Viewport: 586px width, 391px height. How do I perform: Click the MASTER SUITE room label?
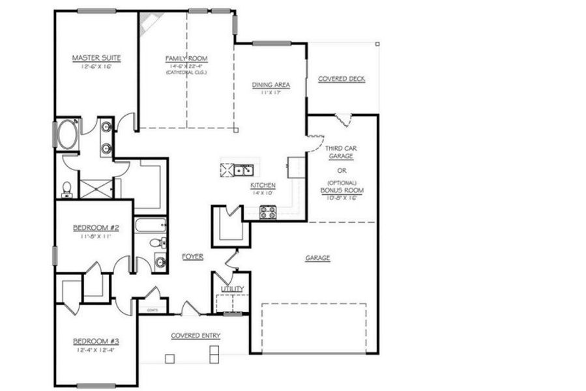point(96,57)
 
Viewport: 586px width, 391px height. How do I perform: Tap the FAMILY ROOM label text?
point(186,58)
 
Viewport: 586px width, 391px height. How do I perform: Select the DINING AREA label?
point(271,85)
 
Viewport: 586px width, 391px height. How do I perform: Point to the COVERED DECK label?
point(341,79)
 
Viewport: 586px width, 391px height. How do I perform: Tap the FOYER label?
point(192,257)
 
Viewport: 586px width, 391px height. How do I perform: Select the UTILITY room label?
point(233,288)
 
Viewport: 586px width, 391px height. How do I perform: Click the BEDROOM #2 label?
point(95,227)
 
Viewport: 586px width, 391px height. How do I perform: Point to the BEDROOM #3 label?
point(95,341)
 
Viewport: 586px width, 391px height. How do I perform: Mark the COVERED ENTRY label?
point(196,336)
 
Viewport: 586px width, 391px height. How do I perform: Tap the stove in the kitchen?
point(268,211)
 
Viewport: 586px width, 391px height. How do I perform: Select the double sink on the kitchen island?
point(244,170)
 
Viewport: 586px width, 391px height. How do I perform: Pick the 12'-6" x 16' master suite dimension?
point(96,66)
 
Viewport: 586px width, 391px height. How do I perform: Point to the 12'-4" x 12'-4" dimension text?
point(95,351)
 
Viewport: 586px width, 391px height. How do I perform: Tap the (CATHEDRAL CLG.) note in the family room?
point(186,72)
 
